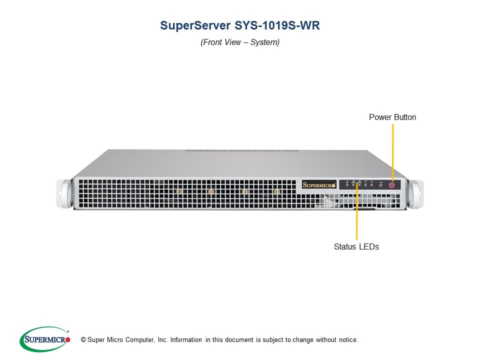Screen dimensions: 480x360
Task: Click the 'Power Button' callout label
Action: (392, 117)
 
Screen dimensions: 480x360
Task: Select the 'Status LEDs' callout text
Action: (356, 246)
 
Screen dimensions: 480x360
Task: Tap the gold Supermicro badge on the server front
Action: (319, 184)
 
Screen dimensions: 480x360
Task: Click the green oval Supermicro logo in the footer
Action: (44, 339)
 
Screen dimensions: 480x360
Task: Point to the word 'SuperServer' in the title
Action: (195, 25)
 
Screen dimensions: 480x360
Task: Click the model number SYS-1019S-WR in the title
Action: (277, 25)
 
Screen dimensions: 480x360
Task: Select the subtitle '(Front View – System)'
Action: (240, 42)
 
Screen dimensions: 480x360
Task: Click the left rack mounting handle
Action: (64, 194)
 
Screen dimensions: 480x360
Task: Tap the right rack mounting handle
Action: (415, 194)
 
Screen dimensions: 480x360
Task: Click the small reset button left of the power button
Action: (381, 185)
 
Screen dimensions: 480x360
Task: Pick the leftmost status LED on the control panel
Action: (347, 185)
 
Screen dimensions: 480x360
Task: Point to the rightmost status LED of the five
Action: (371, 185)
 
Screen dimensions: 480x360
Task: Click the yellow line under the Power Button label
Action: (393, 152)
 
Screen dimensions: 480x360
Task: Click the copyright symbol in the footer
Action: (83, 340)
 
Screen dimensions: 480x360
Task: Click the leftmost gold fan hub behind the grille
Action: (179, 191)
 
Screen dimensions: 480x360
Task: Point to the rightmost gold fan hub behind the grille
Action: (276, 191)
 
